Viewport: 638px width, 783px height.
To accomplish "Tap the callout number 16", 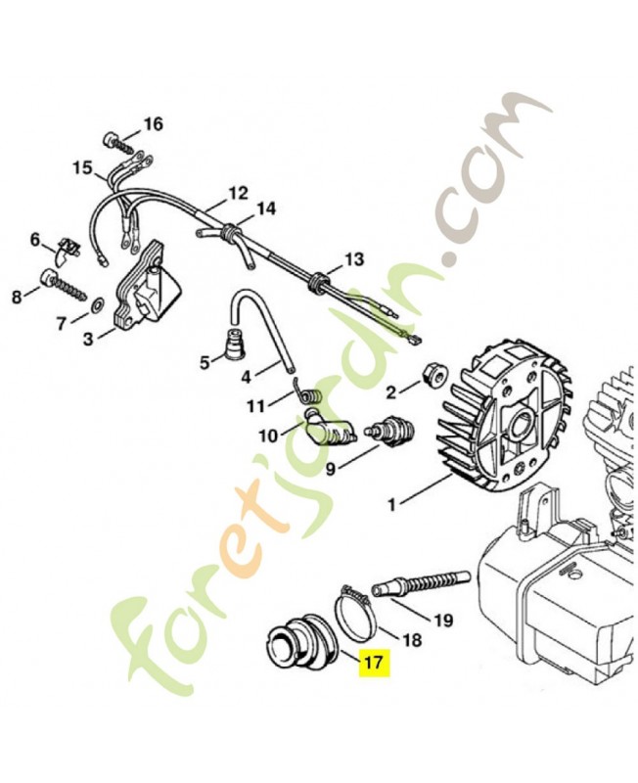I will click(x=154, y=123).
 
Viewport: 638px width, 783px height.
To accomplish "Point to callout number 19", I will click(x=442, y=620).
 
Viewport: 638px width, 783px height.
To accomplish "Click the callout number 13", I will click(x=353, y=259).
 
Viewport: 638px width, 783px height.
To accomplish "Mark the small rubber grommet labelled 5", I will click(x=236, y=348).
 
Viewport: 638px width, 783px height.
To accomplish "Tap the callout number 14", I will click(x=265, y=208).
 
